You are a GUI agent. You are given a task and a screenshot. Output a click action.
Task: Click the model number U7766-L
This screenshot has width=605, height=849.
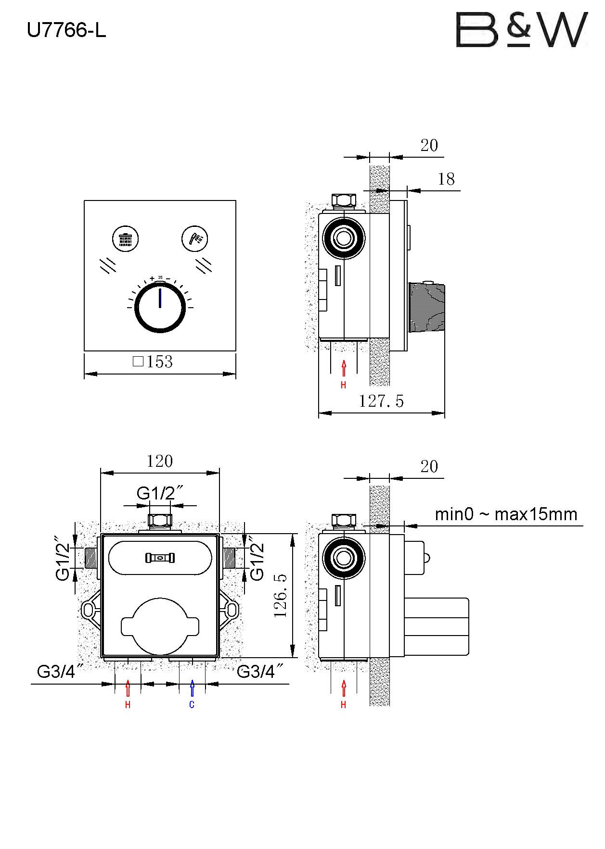[66, 31]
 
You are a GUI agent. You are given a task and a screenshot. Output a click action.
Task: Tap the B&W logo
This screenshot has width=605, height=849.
[522, 30]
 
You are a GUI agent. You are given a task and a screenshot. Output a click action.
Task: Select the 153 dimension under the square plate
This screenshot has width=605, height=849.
[153, 362]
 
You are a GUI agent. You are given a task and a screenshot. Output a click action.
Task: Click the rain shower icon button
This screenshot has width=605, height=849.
[126, 238]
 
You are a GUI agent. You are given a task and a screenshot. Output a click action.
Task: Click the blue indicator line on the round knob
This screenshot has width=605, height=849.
[160, 298]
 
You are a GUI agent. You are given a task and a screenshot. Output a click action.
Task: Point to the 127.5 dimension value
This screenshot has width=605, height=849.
[381, 401]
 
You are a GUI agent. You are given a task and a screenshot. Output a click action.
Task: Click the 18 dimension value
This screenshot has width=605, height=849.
[446, 179]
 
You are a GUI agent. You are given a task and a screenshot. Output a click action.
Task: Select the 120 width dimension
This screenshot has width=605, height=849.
[159, 462]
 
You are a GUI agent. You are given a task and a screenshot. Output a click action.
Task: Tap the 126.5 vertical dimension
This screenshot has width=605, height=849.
[281, 595]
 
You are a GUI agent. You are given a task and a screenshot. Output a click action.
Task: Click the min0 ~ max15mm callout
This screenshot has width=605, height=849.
[506, 514]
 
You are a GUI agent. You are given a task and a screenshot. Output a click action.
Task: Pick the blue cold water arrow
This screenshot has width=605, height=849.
[192, 688]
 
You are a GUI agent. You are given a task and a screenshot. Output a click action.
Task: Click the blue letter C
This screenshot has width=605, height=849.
[192, 705]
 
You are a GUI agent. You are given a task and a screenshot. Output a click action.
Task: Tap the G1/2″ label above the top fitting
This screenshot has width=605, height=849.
[160, 493]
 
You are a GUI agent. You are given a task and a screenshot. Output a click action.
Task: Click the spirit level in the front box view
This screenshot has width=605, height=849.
[160, 558]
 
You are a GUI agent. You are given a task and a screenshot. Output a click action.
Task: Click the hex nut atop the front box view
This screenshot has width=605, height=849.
[160, 521]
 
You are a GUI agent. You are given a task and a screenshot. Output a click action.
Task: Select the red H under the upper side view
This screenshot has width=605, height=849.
[343, 385]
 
